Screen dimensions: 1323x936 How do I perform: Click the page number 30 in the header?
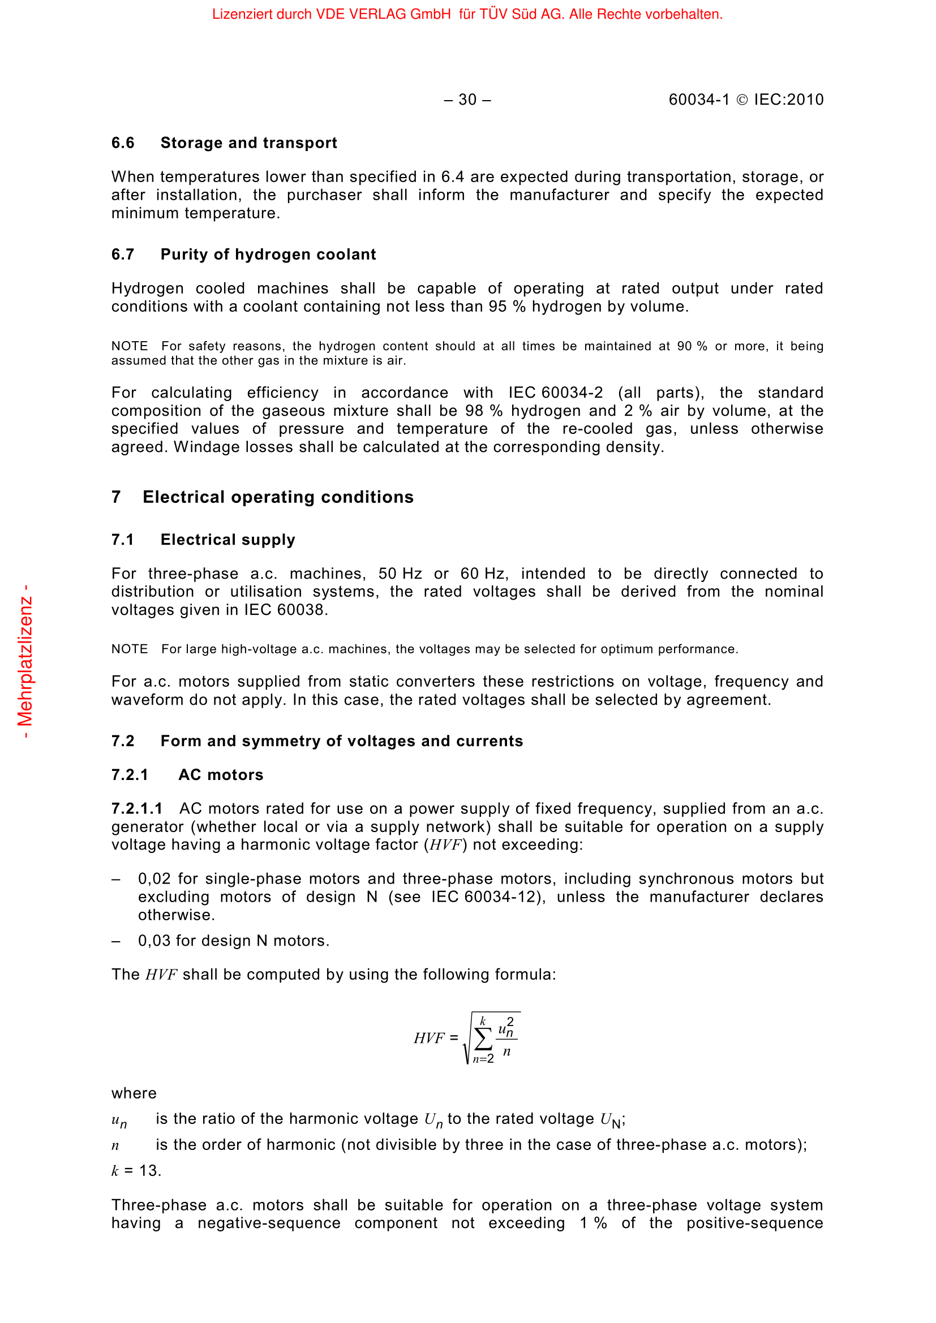pyautogui.click(x=467, y=100)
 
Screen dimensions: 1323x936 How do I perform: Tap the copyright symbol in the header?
pyautogui.click(x=742, y=100)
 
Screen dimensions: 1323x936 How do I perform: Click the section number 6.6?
pyautogui.click(x=123, y=143)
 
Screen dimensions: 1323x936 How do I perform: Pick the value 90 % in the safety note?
pyautogui.click(x=692, y=346)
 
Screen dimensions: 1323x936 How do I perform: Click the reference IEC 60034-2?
pyautogui.click(x=555, y=393)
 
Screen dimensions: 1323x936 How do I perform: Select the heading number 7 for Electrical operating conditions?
pyautogui.click(x=116, y=497)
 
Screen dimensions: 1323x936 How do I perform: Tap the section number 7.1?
pyautogui.click(x=123, y=540)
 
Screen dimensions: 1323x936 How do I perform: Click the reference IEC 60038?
pyautogui.click(x=285, y=610)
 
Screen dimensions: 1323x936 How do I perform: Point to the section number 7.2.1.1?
pyautogui.click(x=137, y=809)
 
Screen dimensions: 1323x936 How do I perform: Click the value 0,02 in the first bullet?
pyautogui.click(x=154, y=880)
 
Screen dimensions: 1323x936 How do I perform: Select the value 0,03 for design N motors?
pyautogui.click(x=154, y=942)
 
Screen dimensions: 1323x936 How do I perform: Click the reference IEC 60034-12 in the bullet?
pyautogui.click(x=486, y=897)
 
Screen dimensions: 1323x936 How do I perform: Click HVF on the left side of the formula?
pyautogui.click(x=430, y=1038)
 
